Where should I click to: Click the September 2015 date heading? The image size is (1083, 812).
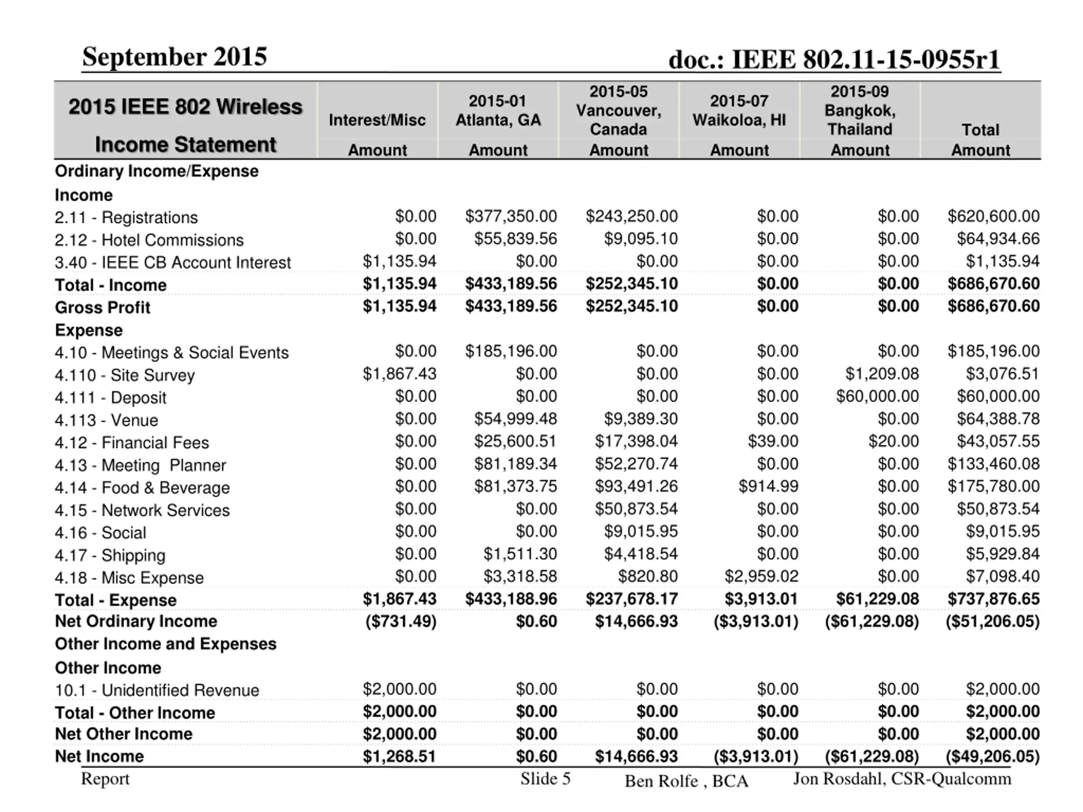click(174, 57)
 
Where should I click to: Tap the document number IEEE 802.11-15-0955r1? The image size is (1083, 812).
click(834, 60)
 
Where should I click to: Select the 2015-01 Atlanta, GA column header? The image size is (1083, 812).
click(498, 111)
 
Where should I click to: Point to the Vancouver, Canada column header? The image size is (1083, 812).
click(618, 111)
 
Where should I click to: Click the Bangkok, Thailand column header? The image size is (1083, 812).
click(860, 111)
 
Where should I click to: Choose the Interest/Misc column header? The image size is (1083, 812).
click(377, 120)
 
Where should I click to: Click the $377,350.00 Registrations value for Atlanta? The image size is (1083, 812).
click(511, 217)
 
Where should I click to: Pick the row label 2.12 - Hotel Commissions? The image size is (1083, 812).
click(149, 240)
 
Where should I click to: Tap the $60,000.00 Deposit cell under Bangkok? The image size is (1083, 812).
click(877, 396)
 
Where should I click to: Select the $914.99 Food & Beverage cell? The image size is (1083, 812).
click(768, 486)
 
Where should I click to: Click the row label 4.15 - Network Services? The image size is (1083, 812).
click(142, 510)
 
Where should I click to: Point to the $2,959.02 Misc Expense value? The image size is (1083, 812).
click(761, 576)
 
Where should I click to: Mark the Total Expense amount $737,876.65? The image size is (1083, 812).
click(993, 598)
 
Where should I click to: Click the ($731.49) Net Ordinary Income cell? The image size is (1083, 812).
click(401, 621)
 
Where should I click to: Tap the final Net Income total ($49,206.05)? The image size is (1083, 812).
click(992, 756)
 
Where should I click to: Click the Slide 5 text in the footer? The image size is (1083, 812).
click(545, 779)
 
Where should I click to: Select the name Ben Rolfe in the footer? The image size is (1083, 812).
click(661, 781)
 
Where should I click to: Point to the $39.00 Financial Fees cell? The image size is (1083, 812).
click(772, 441)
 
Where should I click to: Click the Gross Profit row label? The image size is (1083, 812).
click(102, 307)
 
